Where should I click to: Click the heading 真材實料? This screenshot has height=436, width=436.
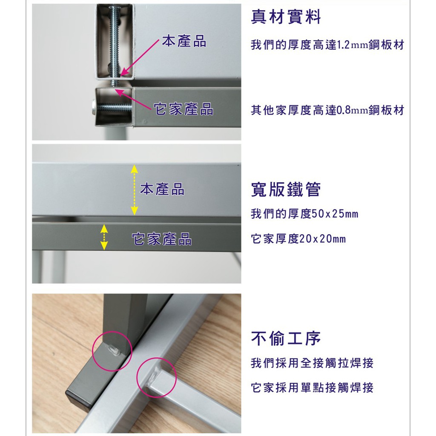(x=286, y=17)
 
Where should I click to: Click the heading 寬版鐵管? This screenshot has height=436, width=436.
(x=286, y=189)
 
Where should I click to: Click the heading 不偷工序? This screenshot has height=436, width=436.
(x=286, y=338)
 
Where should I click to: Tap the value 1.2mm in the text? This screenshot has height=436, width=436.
(x=352, y=45)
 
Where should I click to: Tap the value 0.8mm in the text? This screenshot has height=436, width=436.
(x=352, y=110)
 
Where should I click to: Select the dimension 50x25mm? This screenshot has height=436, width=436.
(x=335, y=214)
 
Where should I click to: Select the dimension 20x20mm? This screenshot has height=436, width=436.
(x=323, y=239)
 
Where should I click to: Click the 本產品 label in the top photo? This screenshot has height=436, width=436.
(x=184, y=41)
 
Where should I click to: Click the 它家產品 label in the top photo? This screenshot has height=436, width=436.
(x=184, y=109)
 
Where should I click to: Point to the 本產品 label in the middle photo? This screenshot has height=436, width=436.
(x=162, y=189)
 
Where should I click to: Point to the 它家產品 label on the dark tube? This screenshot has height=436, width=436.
(x=161, y=239)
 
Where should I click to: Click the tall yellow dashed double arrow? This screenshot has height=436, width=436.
(x=134, y=189)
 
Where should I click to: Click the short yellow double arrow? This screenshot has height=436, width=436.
(x=104, y=237)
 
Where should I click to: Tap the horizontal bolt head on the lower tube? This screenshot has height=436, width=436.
(x=94, y=107)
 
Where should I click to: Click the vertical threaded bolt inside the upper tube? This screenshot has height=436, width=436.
(x=115, y=42)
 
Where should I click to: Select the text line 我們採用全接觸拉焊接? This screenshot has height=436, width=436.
(x=312, y=363)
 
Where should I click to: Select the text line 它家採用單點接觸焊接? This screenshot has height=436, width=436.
(x=312, y=387)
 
